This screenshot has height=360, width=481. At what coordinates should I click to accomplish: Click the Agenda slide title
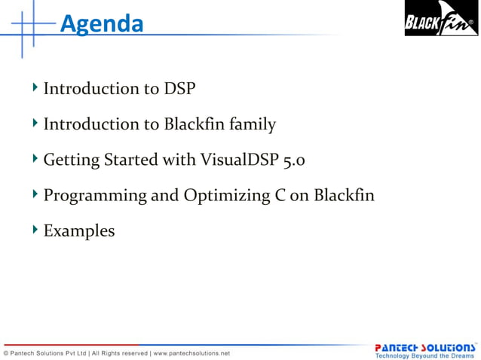pos(101,24)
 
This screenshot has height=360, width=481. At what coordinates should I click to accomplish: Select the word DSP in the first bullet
pos(179,89)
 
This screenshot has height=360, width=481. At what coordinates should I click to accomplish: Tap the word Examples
pos(79,231)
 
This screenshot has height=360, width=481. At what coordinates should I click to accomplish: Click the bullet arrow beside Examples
pos(35,230)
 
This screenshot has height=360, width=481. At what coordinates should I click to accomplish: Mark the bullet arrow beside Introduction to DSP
pos(35,88)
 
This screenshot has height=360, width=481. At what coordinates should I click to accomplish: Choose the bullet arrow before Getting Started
pos(35,159)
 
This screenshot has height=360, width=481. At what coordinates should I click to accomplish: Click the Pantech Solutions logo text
pos(425,347)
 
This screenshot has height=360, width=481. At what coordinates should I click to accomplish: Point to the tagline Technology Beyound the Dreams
pos(425,355)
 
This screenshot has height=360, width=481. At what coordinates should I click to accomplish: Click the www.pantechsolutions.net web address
pos(191,352)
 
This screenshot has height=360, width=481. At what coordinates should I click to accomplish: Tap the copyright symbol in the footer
pos(7,352)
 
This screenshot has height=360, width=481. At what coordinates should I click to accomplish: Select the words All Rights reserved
pos(120,352)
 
